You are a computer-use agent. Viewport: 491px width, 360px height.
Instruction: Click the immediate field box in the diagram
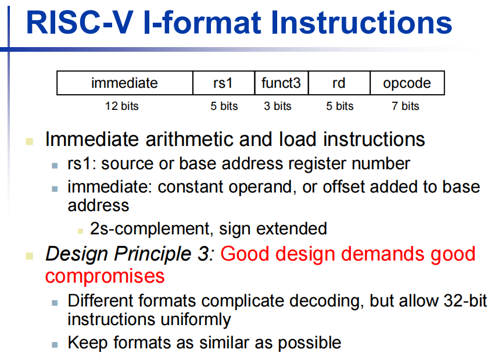point(124,83)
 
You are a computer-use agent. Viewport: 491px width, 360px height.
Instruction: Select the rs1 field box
point(224,83)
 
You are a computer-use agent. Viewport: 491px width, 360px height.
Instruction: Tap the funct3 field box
point(281,83)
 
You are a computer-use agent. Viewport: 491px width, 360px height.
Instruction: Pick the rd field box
point(339,83)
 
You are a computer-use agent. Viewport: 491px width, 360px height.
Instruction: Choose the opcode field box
point(407,83)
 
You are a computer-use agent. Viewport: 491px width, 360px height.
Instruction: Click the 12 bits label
point(121,106)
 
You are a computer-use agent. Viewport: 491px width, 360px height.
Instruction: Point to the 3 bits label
point(277,106)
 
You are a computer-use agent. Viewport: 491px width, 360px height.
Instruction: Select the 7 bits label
point(405,106)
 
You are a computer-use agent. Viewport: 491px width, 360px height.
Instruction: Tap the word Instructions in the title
point(361,23)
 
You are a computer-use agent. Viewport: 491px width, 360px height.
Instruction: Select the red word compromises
point(105,276)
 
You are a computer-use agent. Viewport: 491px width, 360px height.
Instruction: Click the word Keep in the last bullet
point(88,343)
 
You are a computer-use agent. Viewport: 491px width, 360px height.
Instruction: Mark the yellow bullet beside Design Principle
point(30,256)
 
